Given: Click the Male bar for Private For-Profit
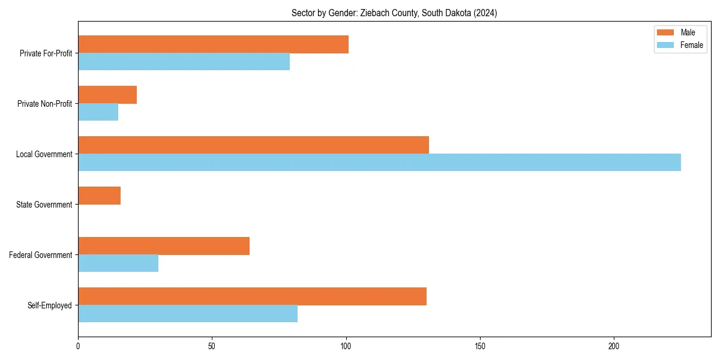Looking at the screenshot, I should click(213, 44).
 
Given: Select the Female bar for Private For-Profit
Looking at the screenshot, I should click(184, 62).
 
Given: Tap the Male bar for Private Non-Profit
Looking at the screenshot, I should click(107, 95).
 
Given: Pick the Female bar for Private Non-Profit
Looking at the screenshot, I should click(98, 112).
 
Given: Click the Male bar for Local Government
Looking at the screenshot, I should click(253, 145).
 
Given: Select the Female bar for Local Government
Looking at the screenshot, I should click(379, 163).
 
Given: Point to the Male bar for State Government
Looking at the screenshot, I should click(99, 196).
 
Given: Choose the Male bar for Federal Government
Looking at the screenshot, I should click(164, 246).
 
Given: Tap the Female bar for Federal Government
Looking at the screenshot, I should click(118, 263).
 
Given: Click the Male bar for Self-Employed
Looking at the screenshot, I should click(252, 296).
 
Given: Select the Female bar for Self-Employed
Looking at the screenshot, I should click(188, 314).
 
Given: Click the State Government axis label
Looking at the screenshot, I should click(44, 205).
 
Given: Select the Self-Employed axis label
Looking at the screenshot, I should click(49, 305).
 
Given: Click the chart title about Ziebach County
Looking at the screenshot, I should click(394, 13).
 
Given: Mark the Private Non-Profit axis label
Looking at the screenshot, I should click(44, 104).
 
